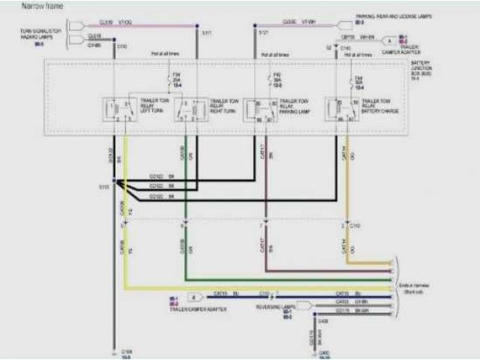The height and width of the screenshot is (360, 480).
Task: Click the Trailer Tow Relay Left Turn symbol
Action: pyautogui.click(x=117, y=109)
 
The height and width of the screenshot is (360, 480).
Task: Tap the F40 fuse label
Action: pyautogui.click(x=277, y=79)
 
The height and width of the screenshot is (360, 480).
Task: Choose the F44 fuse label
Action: pyautogui.click(x=358, y=80)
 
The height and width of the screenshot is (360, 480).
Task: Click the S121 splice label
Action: pyautogui.click(x=263, y=33)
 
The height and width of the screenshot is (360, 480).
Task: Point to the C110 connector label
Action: pyautogui.click(x=355, y=225)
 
